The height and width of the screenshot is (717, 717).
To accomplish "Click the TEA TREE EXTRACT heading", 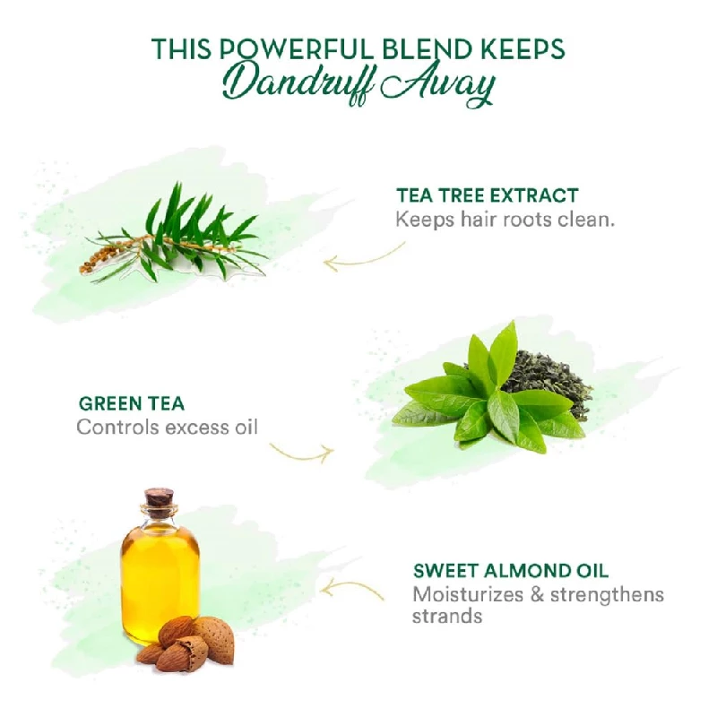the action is [x=487, y=195].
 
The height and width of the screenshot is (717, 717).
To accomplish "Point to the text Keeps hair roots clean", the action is [x=505, y=220].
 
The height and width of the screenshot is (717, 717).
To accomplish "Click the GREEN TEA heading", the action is [x=132, y=404].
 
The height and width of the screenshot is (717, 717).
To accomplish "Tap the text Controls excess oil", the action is [x=167, y=428].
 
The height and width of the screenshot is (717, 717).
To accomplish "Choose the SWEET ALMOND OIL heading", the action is [x=511, y=571].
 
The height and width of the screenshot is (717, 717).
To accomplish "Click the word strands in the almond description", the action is [x=446, y=616].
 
